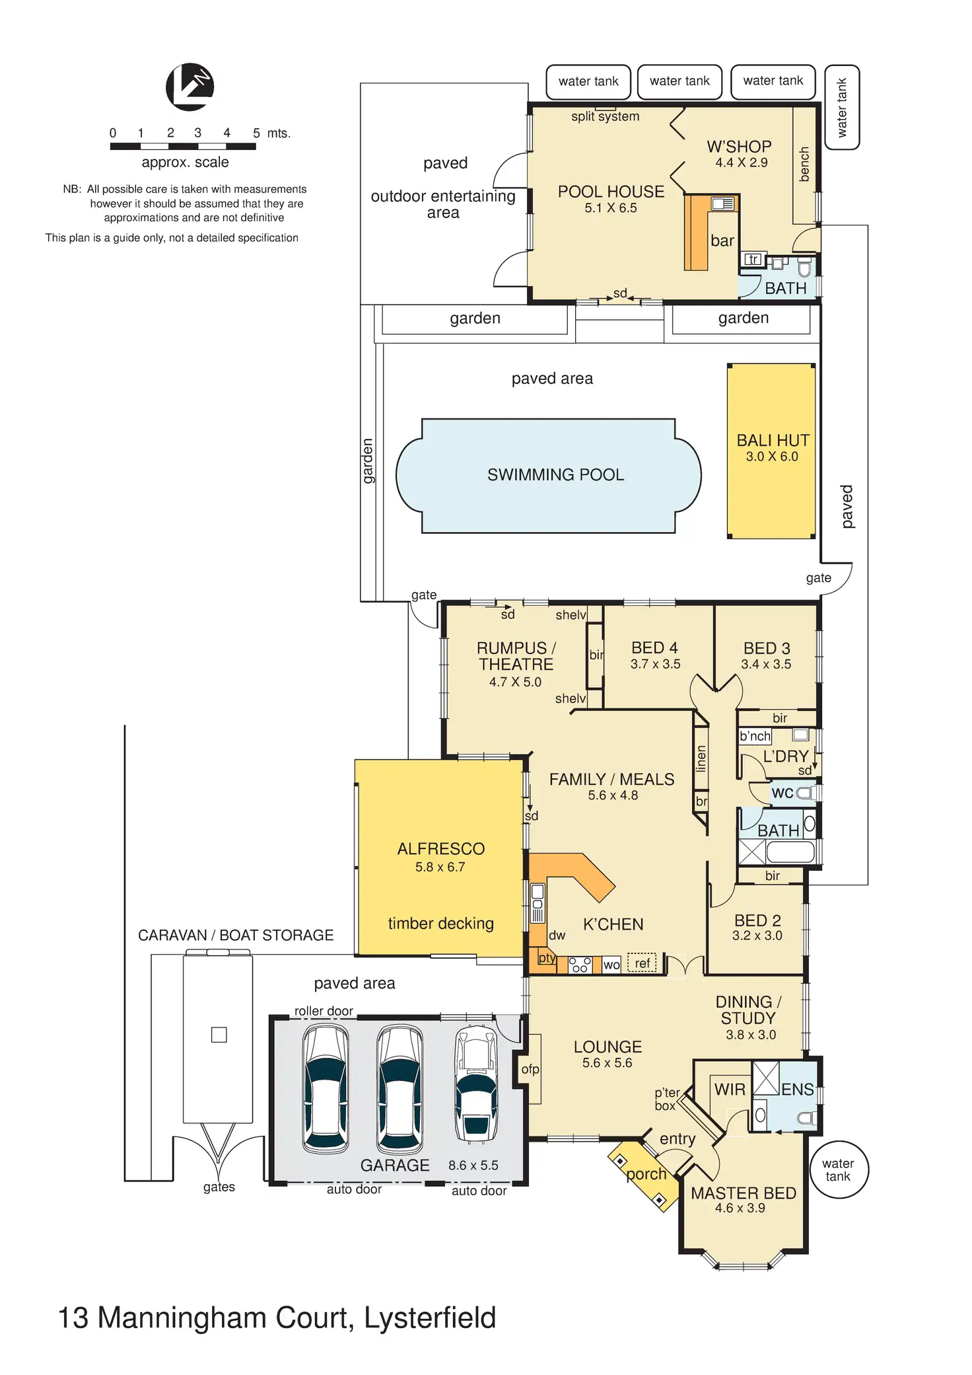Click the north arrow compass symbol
tap(190, 87)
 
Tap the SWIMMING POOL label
tap(555, 474)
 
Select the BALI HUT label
tap(773, 441)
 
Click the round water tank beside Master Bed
tap(838, 1170)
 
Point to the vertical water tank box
tap(842, 107)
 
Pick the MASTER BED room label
tap(743, 1193)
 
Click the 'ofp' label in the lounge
tap(530, 1069)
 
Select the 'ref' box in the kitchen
tap(642, 963)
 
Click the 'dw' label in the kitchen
tap(557, 935)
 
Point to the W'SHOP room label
tap(739, 147)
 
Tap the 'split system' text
tap(605, 117)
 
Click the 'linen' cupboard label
tap(701, 759)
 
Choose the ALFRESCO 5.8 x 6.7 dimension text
tap(440, 867)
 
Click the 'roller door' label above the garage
tap(324, 1011)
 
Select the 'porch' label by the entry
tap(646, 1174)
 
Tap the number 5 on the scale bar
tap(256, 133)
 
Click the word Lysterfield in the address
tap(429, 1318)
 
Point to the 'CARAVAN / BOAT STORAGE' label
tap(236, 935)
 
